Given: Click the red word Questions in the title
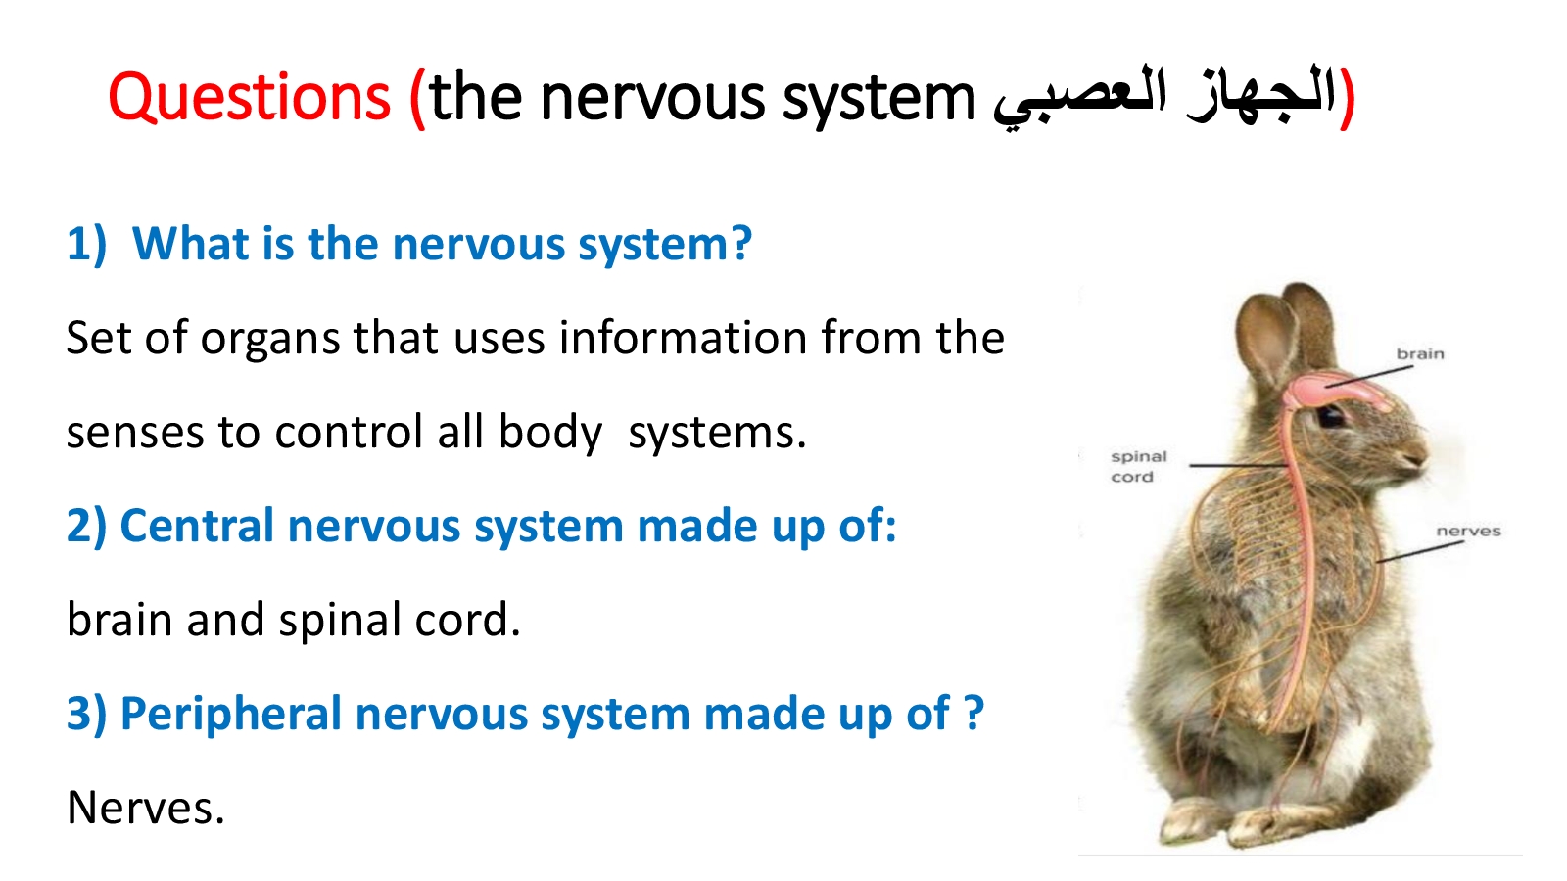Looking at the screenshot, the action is (x=249, y=99).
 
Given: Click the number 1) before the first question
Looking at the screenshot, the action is (x=87, y=244).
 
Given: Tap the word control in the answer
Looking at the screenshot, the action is (x=349, y=432).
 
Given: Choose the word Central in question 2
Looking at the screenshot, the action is (x=197, y=526).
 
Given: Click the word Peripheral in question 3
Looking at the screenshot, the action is (x=231, y=716).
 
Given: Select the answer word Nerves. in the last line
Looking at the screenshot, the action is (x=146, y=808).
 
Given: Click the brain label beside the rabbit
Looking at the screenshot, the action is (x=1420, y=353).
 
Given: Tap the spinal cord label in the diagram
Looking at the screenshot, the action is (x=1139, y=466).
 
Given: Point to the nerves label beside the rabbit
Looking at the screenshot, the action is (x=1468, y=532).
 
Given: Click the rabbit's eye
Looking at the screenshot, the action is (x=1330, y=418).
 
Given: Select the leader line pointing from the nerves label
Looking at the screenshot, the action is (x=1419, y=551).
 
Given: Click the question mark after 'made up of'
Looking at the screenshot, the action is (x=973, y=714).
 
